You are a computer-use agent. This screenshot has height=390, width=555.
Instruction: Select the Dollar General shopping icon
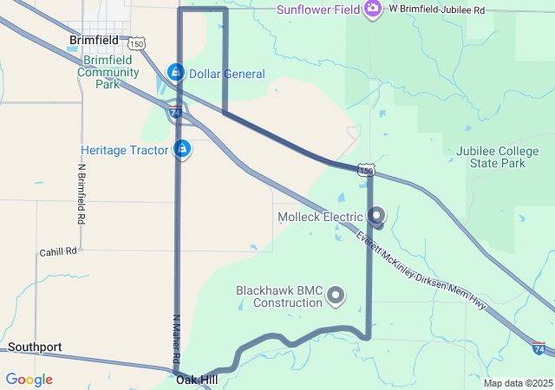click(x=176, y=71)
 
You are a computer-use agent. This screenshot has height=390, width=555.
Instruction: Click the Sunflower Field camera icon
click(x=374, y=10)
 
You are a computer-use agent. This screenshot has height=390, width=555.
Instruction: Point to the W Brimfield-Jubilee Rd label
click(x=436, y=9)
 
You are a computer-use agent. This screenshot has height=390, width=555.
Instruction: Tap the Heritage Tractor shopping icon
click(x=182, y=149)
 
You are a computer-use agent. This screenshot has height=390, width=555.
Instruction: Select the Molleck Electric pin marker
click(x=376, y=214)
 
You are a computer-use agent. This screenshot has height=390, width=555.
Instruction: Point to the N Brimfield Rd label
click(x=82, y=195)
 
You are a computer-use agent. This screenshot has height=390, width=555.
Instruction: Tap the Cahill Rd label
click(x=58, y=251)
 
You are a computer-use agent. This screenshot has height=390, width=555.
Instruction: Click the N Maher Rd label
click(x=176, y=338)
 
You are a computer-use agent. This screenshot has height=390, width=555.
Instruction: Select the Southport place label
click(x=35, y=348)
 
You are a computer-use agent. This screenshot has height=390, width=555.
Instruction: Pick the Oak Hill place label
click(x=197, y=380)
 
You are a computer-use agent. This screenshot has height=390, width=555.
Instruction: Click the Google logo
click(x=29, y=380)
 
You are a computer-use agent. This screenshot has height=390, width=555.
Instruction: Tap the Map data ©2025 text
click(x=517, y=383)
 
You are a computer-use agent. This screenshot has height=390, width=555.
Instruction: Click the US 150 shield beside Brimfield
click(x=135, y=42)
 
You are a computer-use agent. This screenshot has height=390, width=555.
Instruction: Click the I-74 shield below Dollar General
click(x=175, y=112)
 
